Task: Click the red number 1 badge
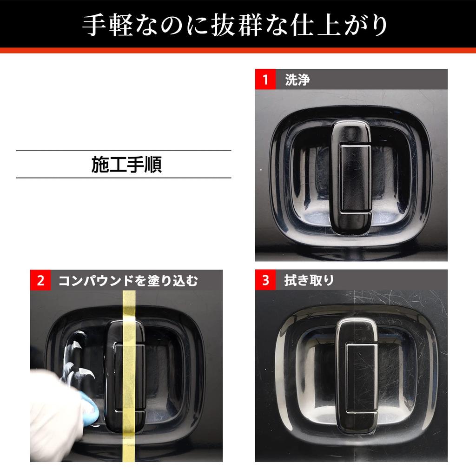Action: click(x=265, y=79)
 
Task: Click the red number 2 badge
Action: click(x=41, y=281)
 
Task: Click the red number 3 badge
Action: click(x=265, y=280)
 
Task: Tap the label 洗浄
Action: click(x=297, y=79)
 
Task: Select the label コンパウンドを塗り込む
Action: click(x=128, y=281)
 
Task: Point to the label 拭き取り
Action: click(x=309, y=280)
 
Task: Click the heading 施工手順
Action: click(x=126, y=165)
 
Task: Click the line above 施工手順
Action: click(x=124, y=151)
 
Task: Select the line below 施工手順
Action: click(x=124, y=178)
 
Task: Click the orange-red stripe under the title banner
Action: click(x=238, y=50)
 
